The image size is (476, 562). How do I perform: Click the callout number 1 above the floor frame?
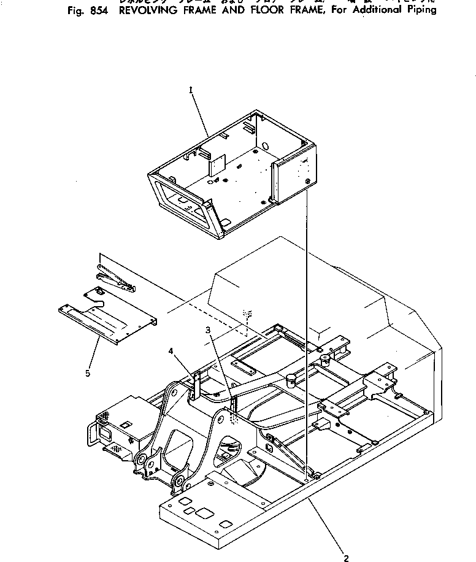(191, 90)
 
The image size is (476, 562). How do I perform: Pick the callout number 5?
(88, 372)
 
